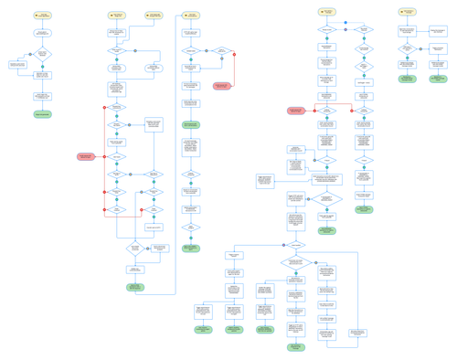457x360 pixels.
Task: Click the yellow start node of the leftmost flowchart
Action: (x=42, y=16)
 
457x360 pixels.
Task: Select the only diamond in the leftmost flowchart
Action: (x=42, y=55)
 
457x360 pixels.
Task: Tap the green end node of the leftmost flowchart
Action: (x=42, y=114)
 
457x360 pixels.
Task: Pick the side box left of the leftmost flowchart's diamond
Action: (x=17, y=65)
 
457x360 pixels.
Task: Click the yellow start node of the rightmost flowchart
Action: (x=407, y=13)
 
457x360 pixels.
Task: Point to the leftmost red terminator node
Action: (x=86, y=156)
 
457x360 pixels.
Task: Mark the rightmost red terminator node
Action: (x=296, y=111)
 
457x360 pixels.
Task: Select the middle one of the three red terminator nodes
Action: (x=222, y=85)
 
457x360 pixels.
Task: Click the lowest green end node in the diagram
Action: (x=296, y=347)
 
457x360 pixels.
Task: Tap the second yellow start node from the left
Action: (x=117, y=16)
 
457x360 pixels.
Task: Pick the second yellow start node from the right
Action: (x=327, y=13)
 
